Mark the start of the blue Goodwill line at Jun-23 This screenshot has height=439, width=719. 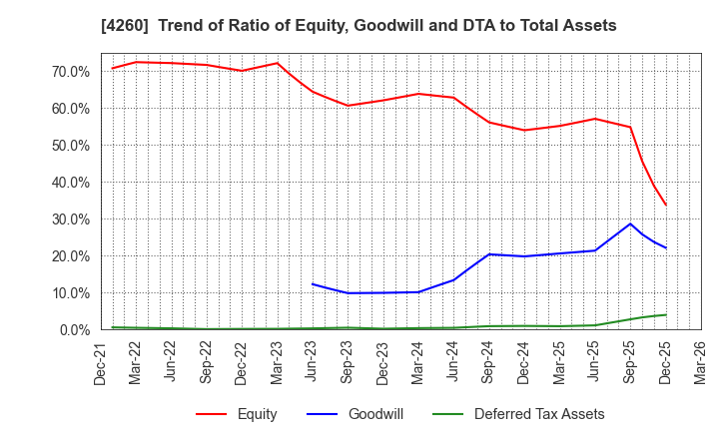click(x=313, y=284)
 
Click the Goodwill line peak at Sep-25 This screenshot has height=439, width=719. click(x=630, y=223)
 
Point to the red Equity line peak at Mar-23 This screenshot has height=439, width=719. click(x=278, y=63)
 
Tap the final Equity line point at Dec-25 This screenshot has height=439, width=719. click(x=666, y=206)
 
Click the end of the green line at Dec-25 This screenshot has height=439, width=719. click(x=666, y=314)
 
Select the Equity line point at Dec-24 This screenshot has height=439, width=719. click(x=524, y=130)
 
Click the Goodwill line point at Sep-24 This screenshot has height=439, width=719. click(x=489, y=254)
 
